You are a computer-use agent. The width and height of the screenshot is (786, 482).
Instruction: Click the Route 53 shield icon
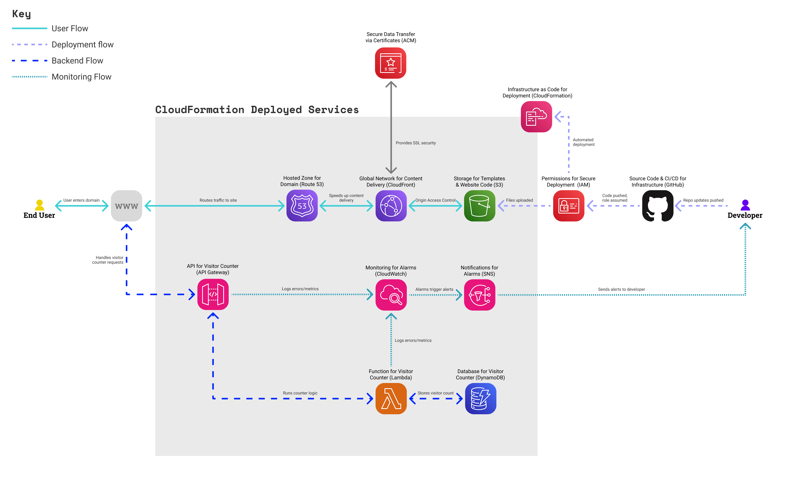click(x=302, y=206)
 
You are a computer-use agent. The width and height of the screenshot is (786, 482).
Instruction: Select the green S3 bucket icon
click(x=479, y=206)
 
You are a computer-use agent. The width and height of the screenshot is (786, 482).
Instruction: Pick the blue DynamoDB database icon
click(x=481, y=398)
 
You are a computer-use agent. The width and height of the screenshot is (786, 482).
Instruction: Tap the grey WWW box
click(x=126, y=206)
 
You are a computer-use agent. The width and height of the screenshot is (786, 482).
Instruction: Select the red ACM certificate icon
click(x=390, y=63)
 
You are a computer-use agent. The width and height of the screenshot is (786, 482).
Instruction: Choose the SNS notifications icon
click(x=479, y=295)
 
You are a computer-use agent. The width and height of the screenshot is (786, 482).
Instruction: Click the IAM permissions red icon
click(x=569, y=206)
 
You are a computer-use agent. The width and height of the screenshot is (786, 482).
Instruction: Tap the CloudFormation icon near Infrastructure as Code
click(x=536, y=117)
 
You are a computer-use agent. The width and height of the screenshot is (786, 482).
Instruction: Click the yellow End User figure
click(x=40, y=205)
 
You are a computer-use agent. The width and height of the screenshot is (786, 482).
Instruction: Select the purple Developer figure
click(x=745, y=205)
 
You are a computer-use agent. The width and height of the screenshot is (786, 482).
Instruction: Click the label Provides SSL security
click(x=415, y=143)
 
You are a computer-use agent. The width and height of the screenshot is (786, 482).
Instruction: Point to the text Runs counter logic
click(x=300, y=393)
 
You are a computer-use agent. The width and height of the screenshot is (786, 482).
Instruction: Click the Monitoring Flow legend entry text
click(x=81, y=77)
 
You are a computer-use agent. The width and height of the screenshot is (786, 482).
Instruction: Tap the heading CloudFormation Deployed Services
click(x=257, y=109)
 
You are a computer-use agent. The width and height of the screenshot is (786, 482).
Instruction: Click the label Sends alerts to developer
click(x=621, y=289)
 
